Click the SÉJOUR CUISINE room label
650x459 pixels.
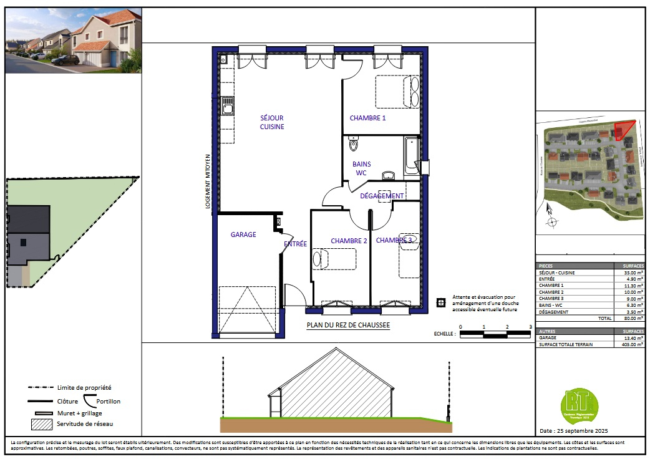point(272,122)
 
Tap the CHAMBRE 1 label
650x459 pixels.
point(367,118)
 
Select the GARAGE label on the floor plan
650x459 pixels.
point(243,234)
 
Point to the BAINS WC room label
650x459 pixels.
point(361,168)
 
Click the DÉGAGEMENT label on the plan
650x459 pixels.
point(382,196)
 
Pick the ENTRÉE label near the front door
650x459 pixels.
point(295,244)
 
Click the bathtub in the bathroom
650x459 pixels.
point(411,156)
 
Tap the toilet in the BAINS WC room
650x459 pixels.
point(354,145)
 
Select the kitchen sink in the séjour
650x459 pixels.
point(228,107)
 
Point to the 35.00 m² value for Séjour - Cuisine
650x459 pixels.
point(634,273)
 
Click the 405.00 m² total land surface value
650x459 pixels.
point(631,344)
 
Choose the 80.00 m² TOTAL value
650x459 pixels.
point(634,318)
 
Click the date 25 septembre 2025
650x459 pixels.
point(573,431)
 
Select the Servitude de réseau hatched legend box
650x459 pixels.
point(42,424)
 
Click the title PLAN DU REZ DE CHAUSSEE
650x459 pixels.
point(348,325)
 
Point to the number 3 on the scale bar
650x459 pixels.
point(530,327)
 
